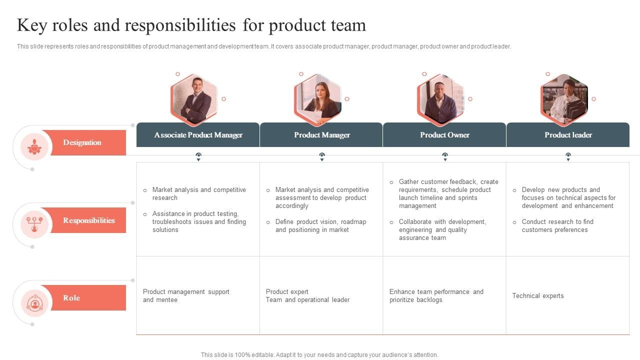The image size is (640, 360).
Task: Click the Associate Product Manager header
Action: click(198, 135)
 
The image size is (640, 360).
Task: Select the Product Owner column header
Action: click(444, 135)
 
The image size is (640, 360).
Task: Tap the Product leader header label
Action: click(568, 135)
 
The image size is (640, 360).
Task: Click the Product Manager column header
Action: click(321, 135)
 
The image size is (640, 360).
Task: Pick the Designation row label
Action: click(82, 142)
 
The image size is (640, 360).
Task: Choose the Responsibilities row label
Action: click(89, 220)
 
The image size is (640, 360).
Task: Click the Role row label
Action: click(71, 297)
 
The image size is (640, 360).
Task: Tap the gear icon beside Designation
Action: click(34, 146)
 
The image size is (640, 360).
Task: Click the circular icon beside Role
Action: click(35, 303)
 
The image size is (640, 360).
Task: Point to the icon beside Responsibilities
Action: click(34, 224)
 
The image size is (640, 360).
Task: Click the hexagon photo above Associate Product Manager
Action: click(194, 99)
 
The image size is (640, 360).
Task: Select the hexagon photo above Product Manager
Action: click(317, 99)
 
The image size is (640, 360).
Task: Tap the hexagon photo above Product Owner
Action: click(441, 99)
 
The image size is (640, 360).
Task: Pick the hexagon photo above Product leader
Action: click(564, 99)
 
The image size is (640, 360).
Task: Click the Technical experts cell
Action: click(538, 295)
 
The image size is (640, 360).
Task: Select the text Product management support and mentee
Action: click(186, 295)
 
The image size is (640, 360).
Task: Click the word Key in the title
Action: click(32, 25)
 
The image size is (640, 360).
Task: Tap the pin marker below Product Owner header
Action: click(445, 156)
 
